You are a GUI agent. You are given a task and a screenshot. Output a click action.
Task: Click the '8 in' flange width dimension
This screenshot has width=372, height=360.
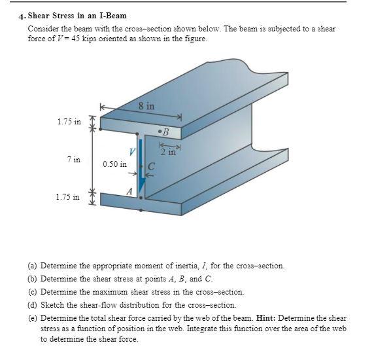(146, 105)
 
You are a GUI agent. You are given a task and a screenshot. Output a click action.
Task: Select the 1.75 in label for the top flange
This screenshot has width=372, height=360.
(69, 121)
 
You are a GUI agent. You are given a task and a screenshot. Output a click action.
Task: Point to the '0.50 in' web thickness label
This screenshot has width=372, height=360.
(114, 164)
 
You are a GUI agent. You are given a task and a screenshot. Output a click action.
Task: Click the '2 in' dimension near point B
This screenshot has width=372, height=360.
(169, 153)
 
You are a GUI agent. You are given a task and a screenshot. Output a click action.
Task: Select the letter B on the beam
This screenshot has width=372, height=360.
(166, 132)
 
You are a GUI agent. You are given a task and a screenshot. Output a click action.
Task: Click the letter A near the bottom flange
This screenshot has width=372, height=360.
(129, 191)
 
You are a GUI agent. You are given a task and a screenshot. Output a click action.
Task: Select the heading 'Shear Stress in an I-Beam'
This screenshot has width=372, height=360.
(77, 15)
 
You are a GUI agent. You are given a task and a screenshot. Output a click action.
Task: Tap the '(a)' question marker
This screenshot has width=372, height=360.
(32, 266)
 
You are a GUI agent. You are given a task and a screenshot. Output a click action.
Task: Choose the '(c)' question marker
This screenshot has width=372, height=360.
(32, 292)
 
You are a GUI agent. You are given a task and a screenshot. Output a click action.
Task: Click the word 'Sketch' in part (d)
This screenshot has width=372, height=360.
(52, 305)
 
